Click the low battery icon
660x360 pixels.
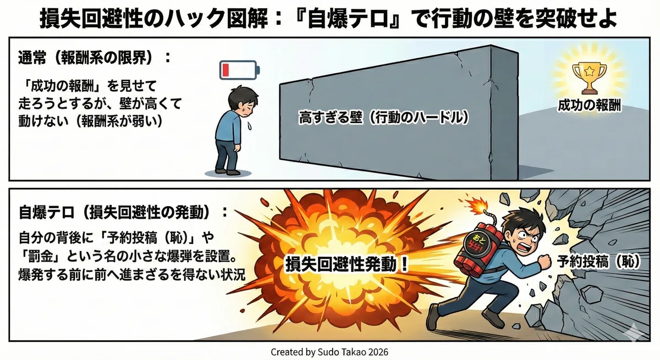[x=240, y=70]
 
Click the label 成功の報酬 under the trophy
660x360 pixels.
[x=589, y=106]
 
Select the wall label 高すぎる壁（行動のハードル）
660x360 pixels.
[x=384, y=118]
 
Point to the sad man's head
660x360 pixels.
[x=243, y=101]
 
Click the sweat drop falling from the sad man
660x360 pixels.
[x=250, y=126]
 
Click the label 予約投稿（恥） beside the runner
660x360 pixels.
[x=598, y=261]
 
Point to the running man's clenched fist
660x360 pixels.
[x=544, y=262]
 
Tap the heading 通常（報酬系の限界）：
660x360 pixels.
[x=95, y=57]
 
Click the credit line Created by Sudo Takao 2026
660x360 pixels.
[x=329, y=352]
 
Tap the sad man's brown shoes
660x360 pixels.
[x=227, y=171]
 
